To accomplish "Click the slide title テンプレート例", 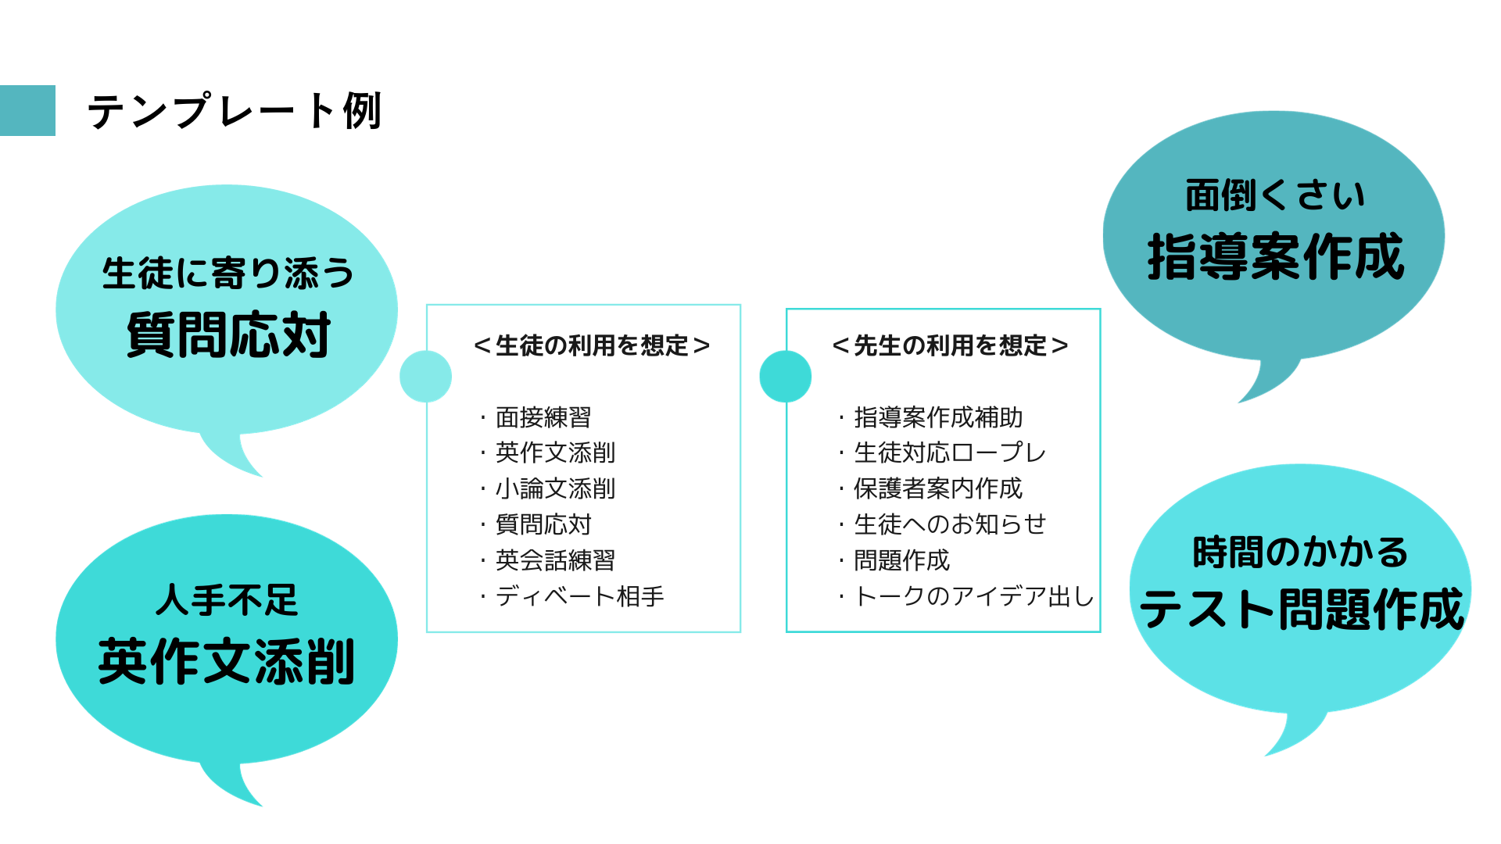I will point(235,111).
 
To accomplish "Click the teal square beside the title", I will point(27,111).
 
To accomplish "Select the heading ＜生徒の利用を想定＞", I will point(592,345).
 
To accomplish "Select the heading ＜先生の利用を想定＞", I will point(950,345).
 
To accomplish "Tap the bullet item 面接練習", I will point(543,417).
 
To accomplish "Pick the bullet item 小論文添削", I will point(555,488).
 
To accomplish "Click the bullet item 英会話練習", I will point(555,560).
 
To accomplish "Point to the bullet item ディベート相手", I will point(579,596).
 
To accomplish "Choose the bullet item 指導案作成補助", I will point(938,417).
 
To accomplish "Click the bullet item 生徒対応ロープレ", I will point(950,452).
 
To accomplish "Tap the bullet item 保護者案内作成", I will point(938,488).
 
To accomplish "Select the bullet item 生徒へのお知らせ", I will point(950,524).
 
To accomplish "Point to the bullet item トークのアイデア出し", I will point(974,596).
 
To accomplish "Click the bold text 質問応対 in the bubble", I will point(228,335).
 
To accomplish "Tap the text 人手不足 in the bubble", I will point(227,600).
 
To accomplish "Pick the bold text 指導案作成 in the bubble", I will point(1276,257).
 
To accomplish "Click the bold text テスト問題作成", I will point(1302,610).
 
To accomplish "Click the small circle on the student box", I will point(425,377).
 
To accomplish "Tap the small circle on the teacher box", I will point(785,377).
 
